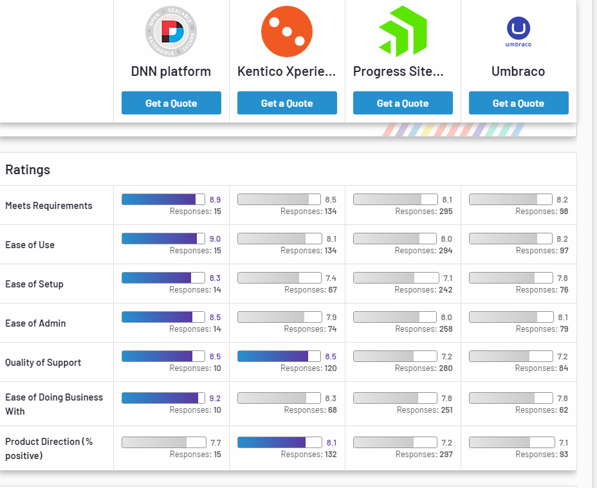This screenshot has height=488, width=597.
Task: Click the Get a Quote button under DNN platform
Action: click(x=171, y=103)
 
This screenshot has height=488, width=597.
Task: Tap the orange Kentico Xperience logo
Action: click(x=286, y=31)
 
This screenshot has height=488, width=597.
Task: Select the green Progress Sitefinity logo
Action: click(x=403, y=31)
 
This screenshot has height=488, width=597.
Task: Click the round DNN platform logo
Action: click(x=171, y=31)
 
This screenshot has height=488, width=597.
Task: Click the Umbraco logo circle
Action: click(x=519, y=28)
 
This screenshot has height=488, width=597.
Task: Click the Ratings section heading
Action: click(x=28, y=170)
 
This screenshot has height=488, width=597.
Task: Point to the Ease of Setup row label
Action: click(x=34, y=284)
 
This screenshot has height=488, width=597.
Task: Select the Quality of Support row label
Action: click(x=43, y=363)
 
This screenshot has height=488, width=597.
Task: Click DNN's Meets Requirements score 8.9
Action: click(x=215, y=200)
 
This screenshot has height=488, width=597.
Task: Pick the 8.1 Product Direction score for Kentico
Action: click(x=331, y=443)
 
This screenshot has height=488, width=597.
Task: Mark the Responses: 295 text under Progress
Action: click(x=423, y=212)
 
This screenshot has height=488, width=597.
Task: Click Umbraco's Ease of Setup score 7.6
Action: click(x=562, y=278)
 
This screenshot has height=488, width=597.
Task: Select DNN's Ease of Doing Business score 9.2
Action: click(x=215, y=399)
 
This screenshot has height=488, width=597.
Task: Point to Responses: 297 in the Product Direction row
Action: click(x=423, y=455)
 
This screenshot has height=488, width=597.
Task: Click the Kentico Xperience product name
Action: click(x=286, y=71)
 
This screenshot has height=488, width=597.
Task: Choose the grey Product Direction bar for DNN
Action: click(x=163, y=442)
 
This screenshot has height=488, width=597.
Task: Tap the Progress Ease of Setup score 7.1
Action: click(x=446, y=278)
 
